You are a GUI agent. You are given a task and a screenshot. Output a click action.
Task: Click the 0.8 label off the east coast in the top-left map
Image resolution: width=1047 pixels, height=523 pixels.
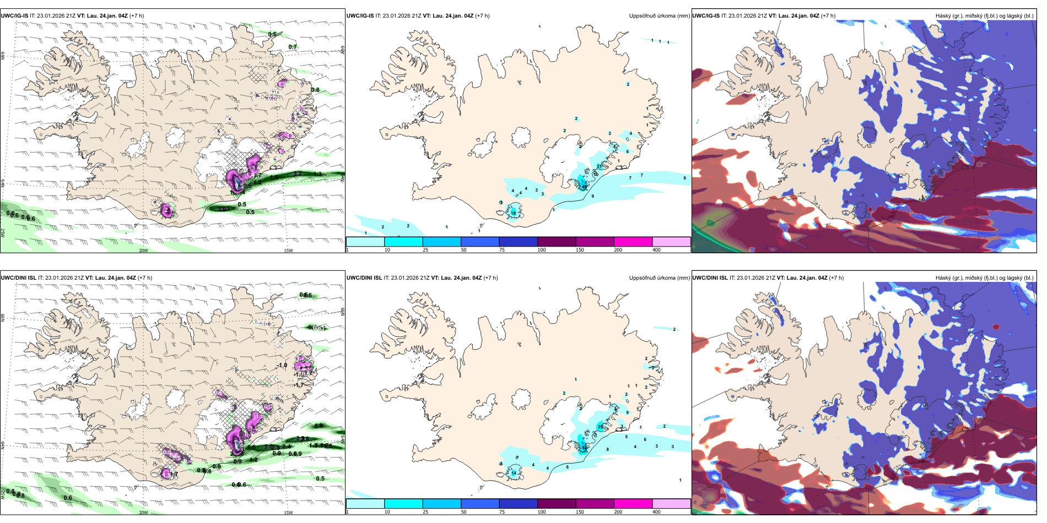315,90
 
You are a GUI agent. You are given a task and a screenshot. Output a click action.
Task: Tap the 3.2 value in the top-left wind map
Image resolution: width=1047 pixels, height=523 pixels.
298,173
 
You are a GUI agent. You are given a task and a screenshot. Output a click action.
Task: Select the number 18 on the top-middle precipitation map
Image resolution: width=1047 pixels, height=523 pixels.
513,213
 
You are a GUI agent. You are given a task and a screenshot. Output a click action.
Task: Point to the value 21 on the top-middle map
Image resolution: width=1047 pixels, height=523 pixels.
600,166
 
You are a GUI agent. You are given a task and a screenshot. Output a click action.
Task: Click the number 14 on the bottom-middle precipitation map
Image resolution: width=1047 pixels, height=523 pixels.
514,473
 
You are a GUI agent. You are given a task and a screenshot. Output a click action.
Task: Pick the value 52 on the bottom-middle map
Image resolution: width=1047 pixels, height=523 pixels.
584,448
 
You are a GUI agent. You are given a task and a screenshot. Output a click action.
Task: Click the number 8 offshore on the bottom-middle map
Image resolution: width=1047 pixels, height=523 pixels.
608,449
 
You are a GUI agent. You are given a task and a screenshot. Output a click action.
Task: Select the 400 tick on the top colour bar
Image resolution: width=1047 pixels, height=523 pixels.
656,250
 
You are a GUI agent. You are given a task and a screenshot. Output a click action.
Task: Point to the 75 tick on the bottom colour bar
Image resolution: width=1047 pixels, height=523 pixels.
502,512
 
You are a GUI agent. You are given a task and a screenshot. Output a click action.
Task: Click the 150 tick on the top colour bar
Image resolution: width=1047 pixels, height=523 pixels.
580,250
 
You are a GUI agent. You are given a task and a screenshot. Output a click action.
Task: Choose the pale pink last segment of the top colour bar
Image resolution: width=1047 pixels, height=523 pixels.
671,242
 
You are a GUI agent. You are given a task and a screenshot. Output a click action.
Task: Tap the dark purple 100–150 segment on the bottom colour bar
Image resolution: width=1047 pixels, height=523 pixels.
557,504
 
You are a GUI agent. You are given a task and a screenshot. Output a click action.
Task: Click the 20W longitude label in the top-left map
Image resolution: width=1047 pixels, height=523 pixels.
143,250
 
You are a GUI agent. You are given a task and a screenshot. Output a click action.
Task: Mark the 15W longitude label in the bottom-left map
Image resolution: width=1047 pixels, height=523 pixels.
288,513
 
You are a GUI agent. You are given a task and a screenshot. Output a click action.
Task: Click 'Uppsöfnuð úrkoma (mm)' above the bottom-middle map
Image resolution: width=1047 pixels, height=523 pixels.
659,278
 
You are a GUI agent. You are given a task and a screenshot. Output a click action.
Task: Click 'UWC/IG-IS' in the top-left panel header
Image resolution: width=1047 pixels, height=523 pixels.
14,16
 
